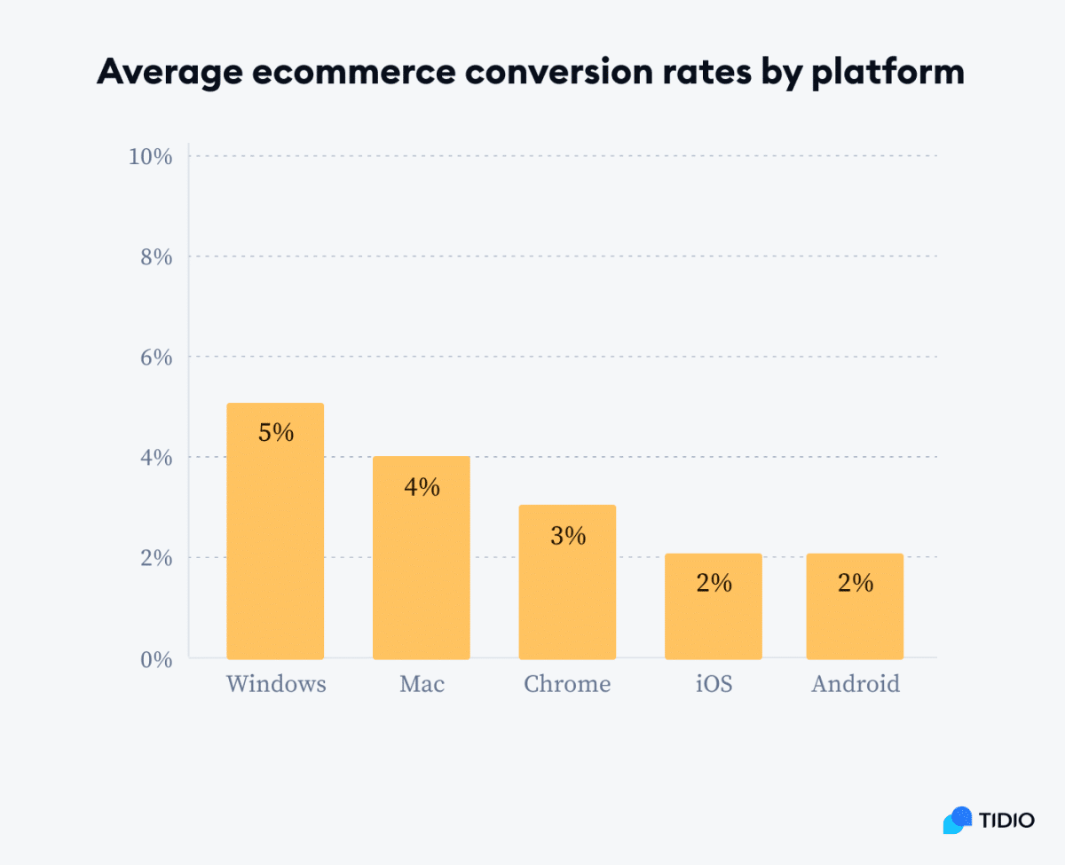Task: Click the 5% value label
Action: click(x=275, y=433)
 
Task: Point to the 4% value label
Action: click(x=421, y=487)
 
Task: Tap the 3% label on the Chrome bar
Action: click(x=567, y=536)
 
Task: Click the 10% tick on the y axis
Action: click(x=150, y=156)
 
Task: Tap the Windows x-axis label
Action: click(x=275, y=685)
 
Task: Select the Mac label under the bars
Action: click(x=421, y=685)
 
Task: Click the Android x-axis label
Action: click(x=855, y=685)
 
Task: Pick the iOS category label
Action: click(x=714, y=685)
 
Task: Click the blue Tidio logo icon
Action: click(x=958, y=820)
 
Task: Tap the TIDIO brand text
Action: click(x=1006, y=820)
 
